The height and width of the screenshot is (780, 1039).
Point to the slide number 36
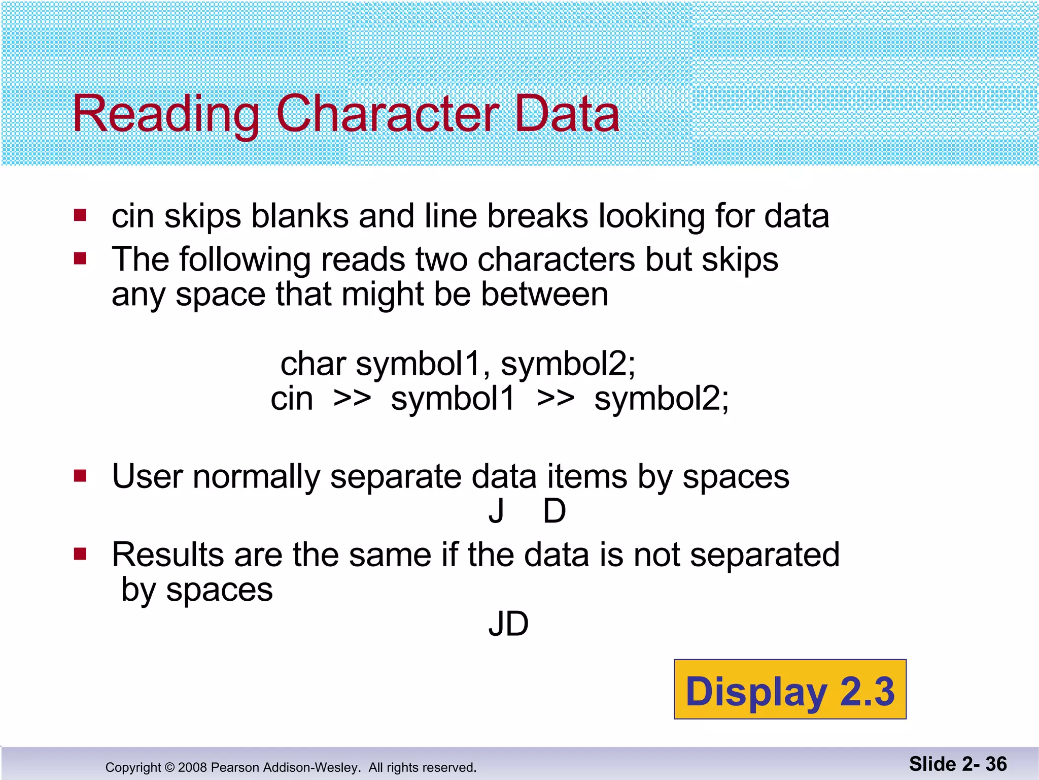click(996, 764)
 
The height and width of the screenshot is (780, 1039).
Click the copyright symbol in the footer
click(169, 767)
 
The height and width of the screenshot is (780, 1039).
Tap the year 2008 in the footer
click(192, 767)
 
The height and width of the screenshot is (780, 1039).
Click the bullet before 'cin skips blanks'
click(80, 215)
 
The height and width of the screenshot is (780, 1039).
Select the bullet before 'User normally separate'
click(80, 476)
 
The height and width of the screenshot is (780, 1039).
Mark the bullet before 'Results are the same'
click(80, 554)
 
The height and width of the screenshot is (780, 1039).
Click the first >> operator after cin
click(352, 399)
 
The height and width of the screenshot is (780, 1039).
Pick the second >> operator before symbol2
click(555, 399)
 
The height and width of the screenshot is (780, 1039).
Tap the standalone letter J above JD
click(496, 511)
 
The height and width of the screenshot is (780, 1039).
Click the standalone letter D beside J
click(554, 511)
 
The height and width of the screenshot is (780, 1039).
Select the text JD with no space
click(508, 624)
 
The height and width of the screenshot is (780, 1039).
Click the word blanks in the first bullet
click(300, 216)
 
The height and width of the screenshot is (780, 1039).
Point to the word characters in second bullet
click(556, 259)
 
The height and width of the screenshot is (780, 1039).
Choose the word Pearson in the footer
click(231, 767)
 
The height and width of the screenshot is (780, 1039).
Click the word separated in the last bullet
click(765, 555)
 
